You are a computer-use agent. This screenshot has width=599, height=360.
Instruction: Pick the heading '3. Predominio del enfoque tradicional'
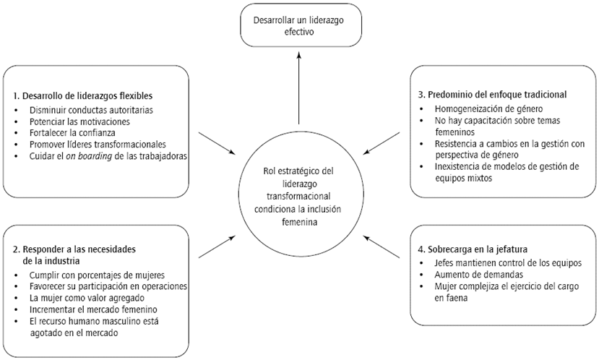(491, 94)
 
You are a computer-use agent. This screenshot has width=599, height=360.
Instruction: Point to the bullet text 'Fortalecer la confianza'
(72, 132)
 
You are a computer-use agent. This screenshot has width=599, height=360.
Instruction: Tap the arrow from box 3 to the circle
(381, 142)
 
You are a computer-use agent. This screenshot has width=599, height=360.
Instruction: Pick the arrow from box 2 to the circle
(216, 246)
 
